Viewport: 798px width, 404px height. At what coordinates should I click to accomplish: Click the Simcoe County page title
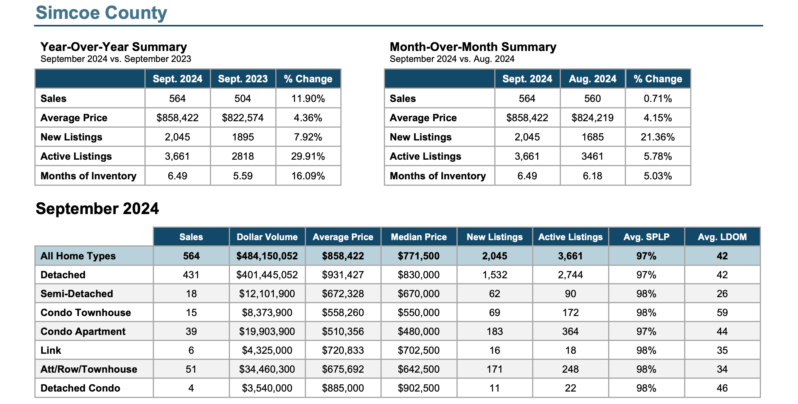tap(101, 13)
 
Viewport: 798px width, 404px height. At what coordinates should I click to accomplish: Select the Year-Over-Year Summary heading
tap(114, 47)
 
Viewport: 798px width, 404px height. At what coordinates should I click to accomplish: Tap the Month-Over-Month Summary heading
tap(473, 47)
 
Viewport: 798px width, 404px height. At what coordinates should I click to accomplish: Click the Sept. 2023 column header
tap(243, 79)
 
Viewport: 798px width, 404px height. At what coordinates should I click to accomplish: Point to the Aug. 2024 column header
tap(593, 79)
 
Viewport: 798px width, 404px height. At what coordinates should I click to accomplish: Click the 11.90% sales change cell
tap(308, 99)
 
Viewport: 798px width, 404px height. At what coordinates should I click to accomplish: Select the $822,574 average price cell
tap(243, 118)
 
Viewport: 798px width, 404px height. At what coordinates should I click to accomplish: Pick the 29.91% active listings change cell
tap(308, 156)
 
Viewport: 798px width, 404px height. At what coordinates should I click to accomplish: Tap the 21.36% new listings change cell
tap(658, 137)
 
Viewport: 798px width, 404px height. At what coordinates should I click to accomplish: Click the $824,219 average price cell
tap(593, 118)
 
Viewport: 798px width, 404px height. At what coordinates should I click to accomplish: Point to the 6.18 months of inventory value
tap(593, 176)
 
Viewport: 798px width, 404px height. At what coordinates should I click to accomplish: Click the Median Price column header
tap(419, 237)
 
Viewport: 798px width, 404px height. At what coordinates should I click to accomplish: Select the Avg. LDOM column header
tap(722, 237)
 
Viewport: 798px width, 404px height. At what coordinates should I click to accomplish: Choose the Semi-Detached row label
tap(77, 294)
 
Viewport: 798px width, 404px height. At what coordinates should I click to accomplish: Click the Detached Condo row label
tap(80, 388)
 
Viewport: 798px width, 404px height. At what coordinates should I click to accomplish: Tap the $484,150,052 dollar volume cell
tap(267, 256)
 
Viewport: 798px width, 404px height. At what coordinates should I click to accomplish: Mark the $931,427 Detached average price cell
tap(343, 275)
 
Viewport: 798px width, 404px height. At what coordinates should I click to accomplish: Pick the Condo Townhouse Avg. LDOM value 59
tap(722, 313)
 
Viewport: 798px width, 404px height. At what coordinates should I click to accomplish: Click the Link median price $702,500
tap(419, 350)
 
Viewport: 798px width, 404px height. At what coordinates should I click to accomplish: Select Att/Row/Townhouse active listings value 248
tap(570, 369)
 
